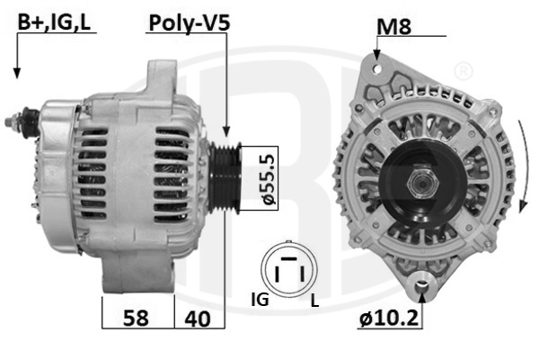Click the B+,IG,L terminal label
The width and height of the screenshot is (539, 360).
tap(54, 22)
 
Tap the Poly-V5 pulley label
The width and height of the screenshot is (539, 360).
tap(190, 23)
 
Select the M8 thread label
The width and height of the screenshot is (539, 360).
tap(393, 26)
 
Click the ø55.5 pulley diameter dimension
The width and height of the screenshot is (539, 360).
tap(269, 178)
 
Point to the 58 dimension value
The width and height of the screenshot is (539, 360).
tap(136, 318)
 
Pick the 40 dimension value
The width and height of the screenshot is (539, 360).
tap(198, 319)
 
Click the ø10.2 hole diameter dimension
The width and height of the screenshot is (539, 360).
tap(389, 318)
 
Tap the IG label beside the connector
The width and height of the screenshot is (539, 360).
tap(261, 299)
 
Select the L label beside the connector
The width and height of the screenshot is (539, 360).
tap(314, 301)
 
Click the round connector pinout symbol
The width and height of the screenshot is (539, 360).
tap(289, 269)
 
